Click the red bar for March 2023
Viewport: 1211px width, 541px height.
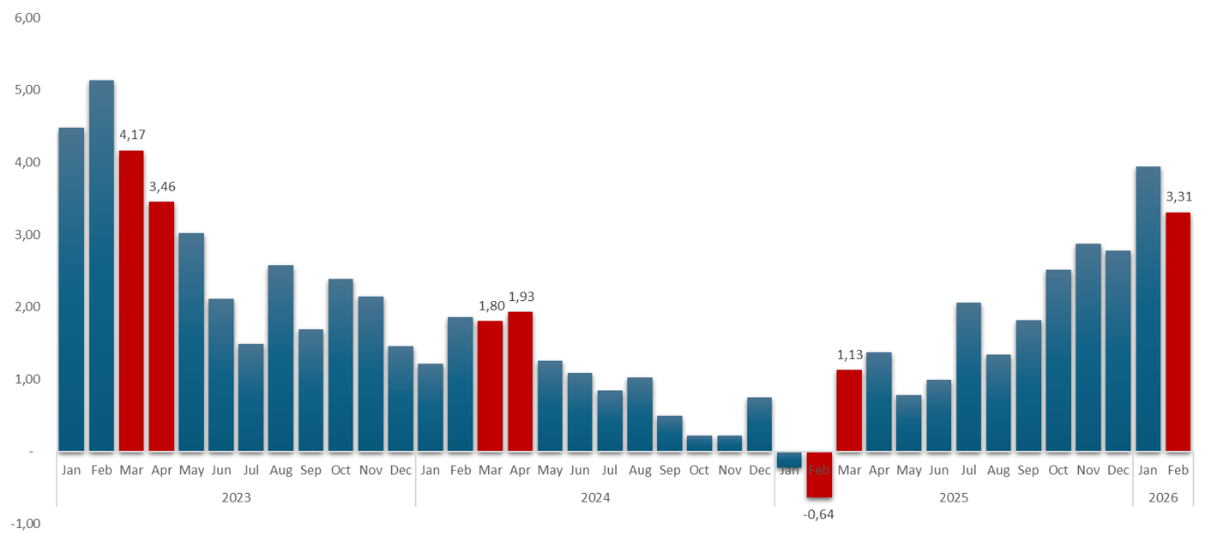[131, 300]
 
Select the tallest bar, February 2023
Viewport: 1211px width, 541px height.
[101, 265]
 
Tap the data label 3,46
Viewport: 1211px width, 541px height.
[162, 186]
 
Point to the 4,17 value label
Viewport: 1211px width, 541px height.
[132, 135]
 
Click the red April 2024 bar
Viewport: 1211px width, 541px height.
[520, 381]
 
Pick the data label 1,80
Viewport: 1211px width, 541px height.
[491, 306]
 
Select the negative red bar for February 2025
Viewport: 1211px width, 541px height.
[819, 474]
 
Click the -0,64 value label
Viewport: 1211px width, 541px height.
[819, 514]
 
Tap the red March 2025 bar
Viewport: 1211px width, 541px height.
[849, 410]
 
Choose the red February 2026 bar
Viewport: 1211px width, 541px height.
[1178, 331]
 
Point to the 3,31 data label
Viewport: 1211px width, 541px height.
[1179, 196]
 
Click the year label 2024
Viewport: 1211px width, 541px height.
[595, 497]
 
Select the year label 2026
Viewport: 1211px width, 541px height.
[1164, 497]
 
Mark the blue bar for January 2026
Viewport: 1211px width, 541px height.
[1148, 308]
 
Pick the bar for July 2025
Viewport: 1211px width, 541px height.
[969, 376]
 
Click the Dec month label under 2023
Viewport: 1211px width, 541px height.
[401, 470]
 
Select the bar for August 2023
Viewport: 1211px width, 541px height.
[281, 357]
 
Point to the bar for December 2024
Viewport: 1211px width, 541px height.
[759, 424]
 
